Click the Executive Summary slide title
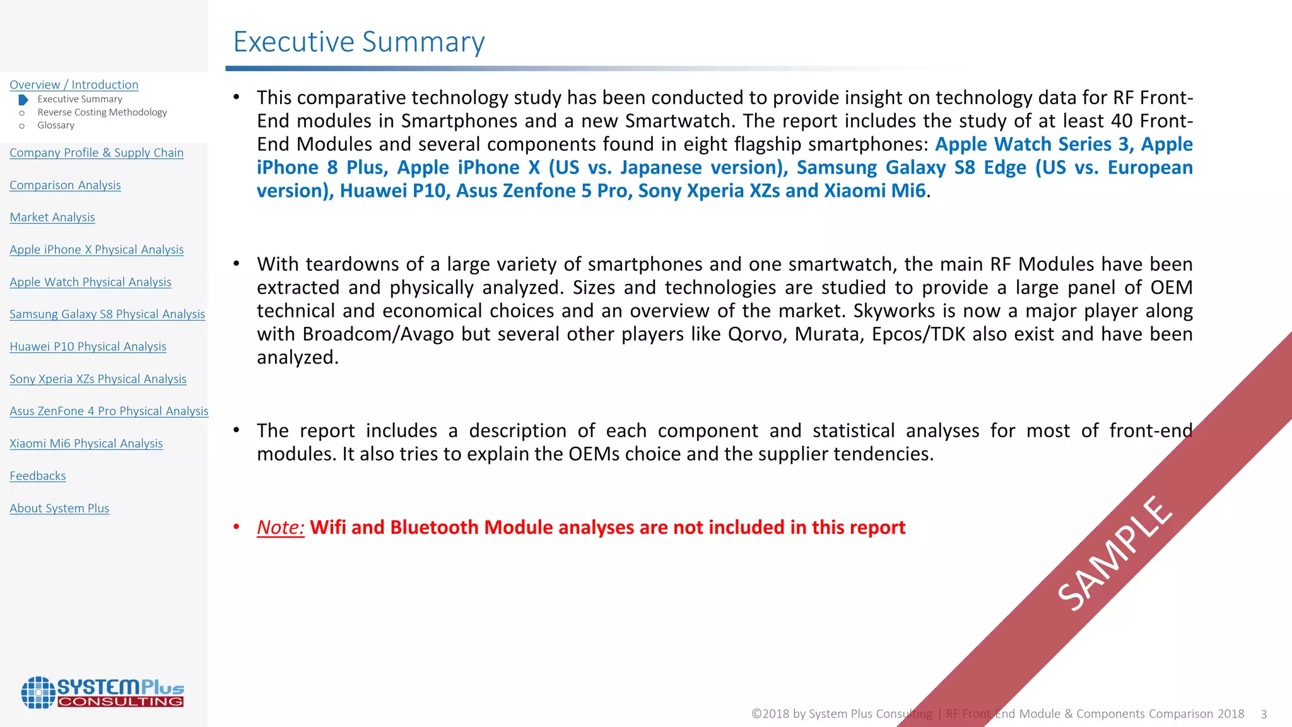pyautogui.click(x=358, y=42)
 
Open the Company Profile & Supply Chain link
pyautogui.click(x=97, y=153)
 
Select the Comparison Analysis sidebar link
pyautogui.click(x=65, y=185)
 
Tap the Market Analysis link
pyautogui.click(x=52, y=217)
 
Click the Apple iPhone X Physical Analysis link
pyautogui.click(x=97, y=250)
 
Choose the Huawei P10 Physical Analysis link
pyautogui.click(x=88, y=346)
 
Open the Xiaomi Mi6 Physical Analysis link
pyautogui.click(x=86, y=444)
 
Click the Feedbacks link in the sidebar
pyautogui.click(x=38, y=476)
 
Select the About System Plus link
pyautogui.click(x=59, y=508)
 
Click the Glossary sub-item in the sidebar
pyautogui.click(x=56, y=126)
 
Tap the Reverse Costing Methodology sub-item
pyautogui.click(x=102, y=112)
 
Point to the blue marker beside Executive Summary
pyautogui.click(x=23, y=100)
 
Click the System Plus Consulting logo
pyautogui.click(x=103, y=692)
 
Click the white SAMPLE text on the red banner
pyautogui.click(x=1115, y=553)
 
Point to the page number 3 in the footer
pyautogui.click(x=1264, y=714)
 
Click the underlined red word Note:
pyautogui.click(x=280, y=528)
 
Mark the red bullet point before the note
pyautogui.click(x=237, y=527)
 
